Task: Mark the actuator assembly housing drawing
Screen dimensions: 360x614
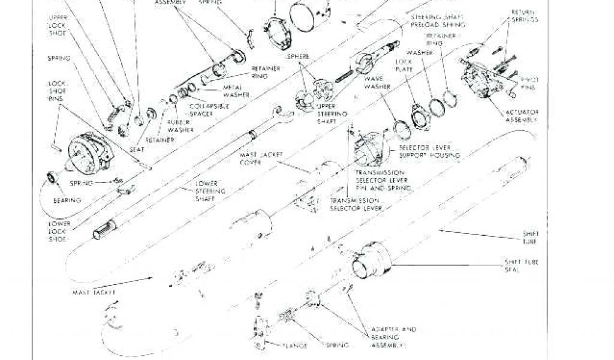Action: [480, 78]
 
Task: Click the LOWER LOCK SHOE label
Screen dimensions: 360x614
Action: [59, 231]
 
